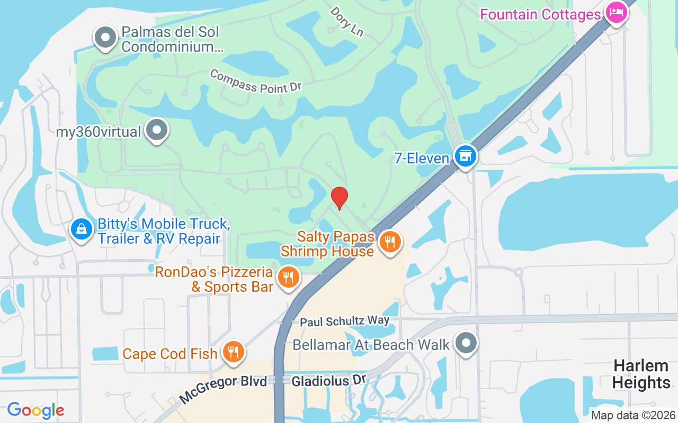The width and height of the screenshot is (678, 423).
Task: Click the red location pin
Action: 339,198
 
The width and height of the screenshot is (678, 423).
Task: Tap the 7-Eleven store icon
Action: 466,157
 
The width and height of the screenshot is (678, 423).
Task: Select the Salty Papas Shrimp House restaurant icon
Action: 390,242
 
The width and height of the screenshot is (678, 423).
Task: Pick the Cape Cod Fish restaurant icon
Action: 232,352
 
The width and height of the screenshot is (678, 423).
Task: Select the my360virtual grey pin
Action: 157,130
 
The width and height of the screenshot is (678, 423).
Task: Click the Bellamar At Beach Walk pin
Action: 466,343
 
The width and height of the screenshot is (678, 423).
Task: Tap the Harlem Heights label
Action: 641,374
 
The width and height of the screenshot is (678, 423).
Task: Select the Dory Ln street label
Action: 347,21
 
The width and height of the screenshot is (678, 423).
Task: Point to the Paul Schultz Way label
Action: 344,321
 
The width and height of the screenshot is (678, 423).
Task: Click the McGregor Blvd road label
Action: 223,389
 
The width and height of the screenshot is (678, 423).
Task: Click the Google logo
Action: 35,410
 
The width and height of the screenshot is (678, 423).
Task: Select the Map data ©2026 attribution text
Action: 633,415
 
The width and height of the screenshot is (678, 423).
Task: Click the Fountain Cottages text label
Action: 540,14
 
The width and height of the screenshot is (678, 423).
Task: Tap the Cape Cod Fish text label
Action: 170,353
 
